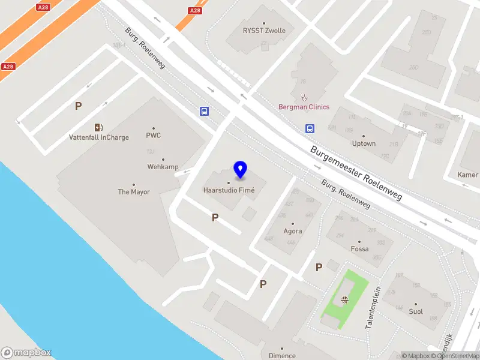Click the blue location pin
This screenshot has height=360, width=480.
pos(241,170)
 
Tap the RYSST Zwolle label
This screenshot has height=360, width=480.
pos(264,31)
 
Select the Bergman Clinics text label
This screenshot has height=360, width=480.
pos(304,107)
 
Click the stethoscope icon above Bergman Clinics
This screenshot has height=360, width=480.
pos(304,96)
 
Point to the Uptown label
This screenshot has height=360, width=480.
pos(364,143)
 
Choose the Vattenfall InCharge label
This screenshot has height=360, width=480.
pos(98,137)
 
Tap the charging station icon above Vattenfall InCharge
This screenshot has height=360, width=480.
pos(98,127)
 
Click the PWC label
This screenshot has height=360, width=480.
pos(154,136)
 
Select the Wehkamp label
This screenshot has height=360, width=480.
pos(163,167)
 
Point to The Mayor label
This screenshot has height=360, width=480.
pos(134,192)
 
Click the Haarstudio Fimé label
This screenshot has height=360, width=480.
pos(229,190)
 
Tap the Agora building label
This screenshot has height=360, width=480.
pos(293,231)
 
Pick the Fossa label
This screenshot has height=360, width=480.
pos(359,248)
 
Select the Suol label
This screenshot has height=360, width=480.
pos(416,311)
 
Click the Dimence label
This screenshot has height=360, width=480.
pos(282,355)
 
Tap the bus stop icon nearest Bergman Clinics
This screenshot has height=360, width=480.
pos(310,128)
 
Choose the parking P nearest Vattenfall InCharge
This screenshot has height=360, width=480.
pos(78,106)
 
